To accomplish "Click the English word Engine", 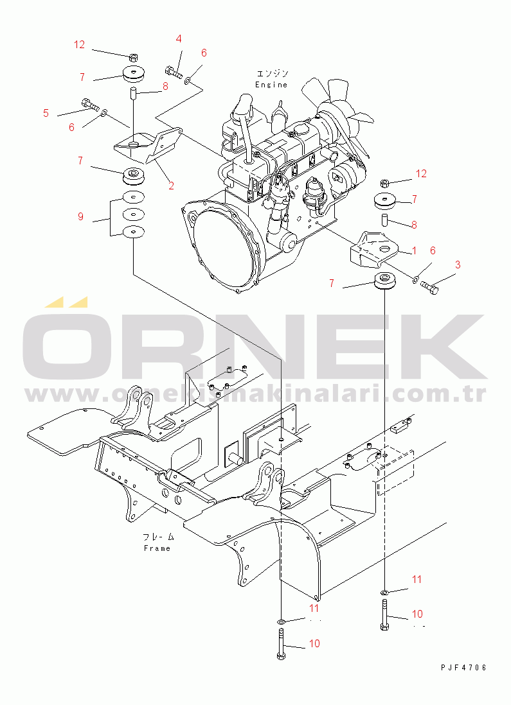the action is point(271,85).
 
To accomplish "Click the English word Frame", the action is point(157,548).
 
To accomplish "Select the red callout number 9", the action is point(80,217).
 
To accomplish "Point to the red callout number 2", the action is point(171,186).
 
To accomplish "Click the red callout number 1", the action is point(414,250).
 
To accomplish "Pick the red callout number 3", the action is point(458,265).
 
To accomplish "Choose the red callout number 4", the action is point(179,39).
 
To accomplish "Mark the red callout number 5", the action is point(46,113).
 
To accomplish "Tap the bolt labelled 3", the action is point(429,287).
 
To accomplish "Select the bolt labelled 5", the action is point(90,105).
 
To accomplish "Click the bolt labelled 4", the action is point(174,72).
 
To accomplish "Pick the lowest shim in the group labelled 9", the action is point(134,232).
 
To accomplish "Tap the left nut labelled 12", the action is point(133,57).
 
